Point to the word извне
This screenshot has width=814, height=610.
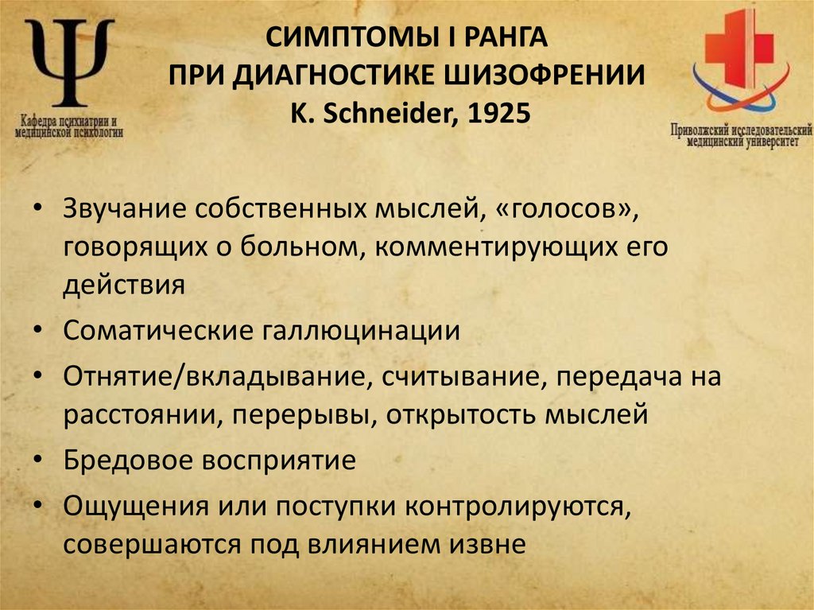tap(486, 545)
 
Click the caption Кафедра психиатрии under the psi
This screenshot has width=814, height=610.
tap(70, 123)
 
